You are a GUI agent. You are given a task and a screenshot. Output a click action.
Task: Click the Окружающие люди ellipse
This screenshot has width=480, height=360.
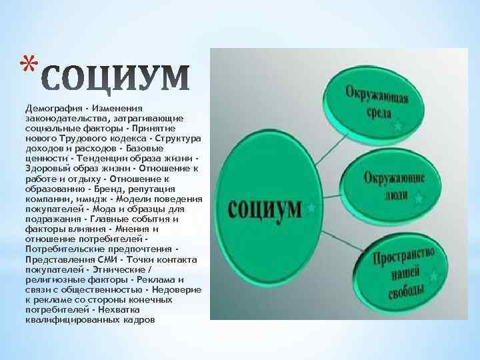393,185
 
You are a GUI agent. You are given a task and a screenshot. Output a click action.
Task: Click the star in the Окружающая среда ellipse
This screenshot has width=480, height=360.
398,125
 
